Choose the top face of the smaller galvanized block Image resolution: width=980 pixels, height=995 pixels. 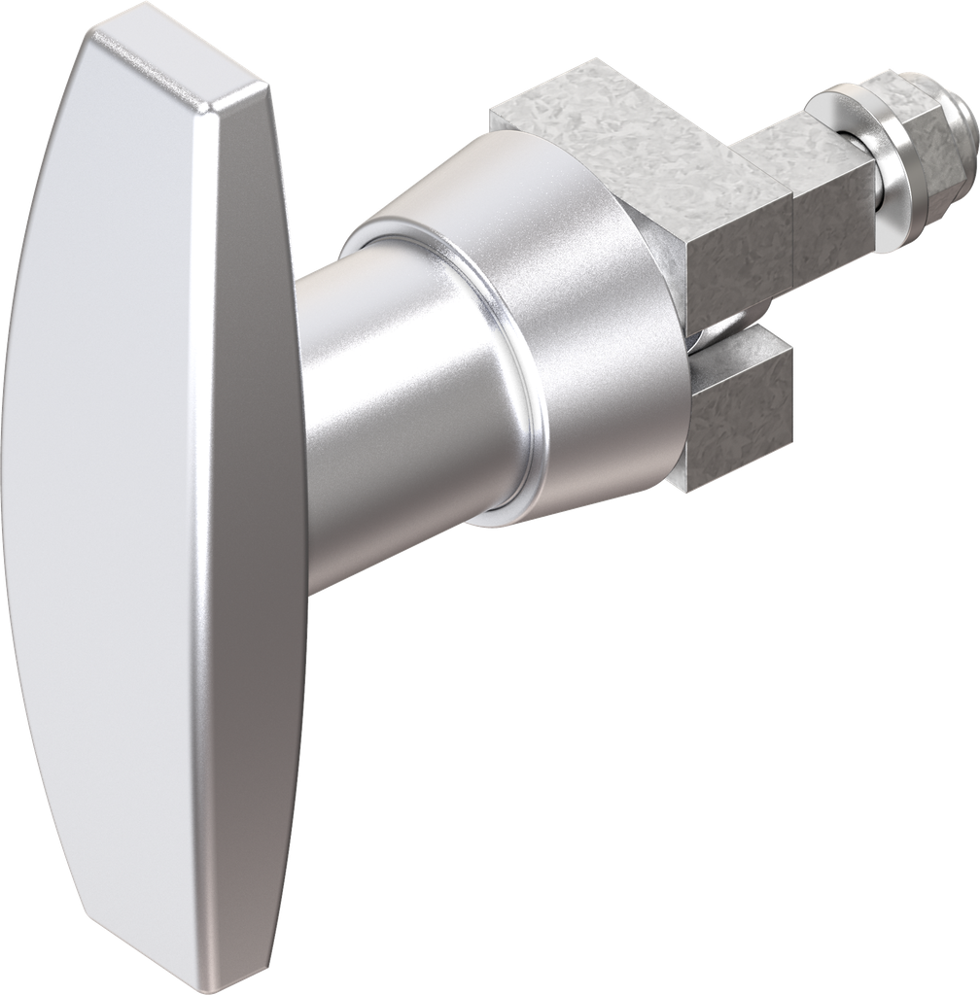tap(787, 146)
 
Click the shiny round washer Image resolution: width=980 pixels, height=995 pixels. tap(880, 165)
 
